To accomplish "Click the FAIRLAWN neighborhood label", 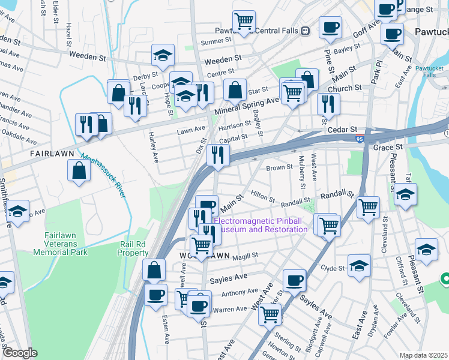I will pos(52,154).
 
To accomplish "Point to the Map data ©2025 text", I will pos(423,355).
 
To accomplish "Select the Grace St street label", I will pos(387,147).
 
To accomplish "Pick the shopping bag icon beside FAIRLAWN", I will pos(79,170).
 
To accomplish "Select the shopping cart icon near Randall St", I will pos(368,207).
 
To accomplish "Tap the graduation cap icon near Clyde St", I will pos(359,265).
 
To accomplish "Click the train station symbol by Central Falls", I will pos(306,31).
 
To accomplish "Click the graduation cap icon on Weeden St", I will pos(162,56).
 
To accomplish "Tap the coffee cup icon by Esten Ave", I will pos(156,295).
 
